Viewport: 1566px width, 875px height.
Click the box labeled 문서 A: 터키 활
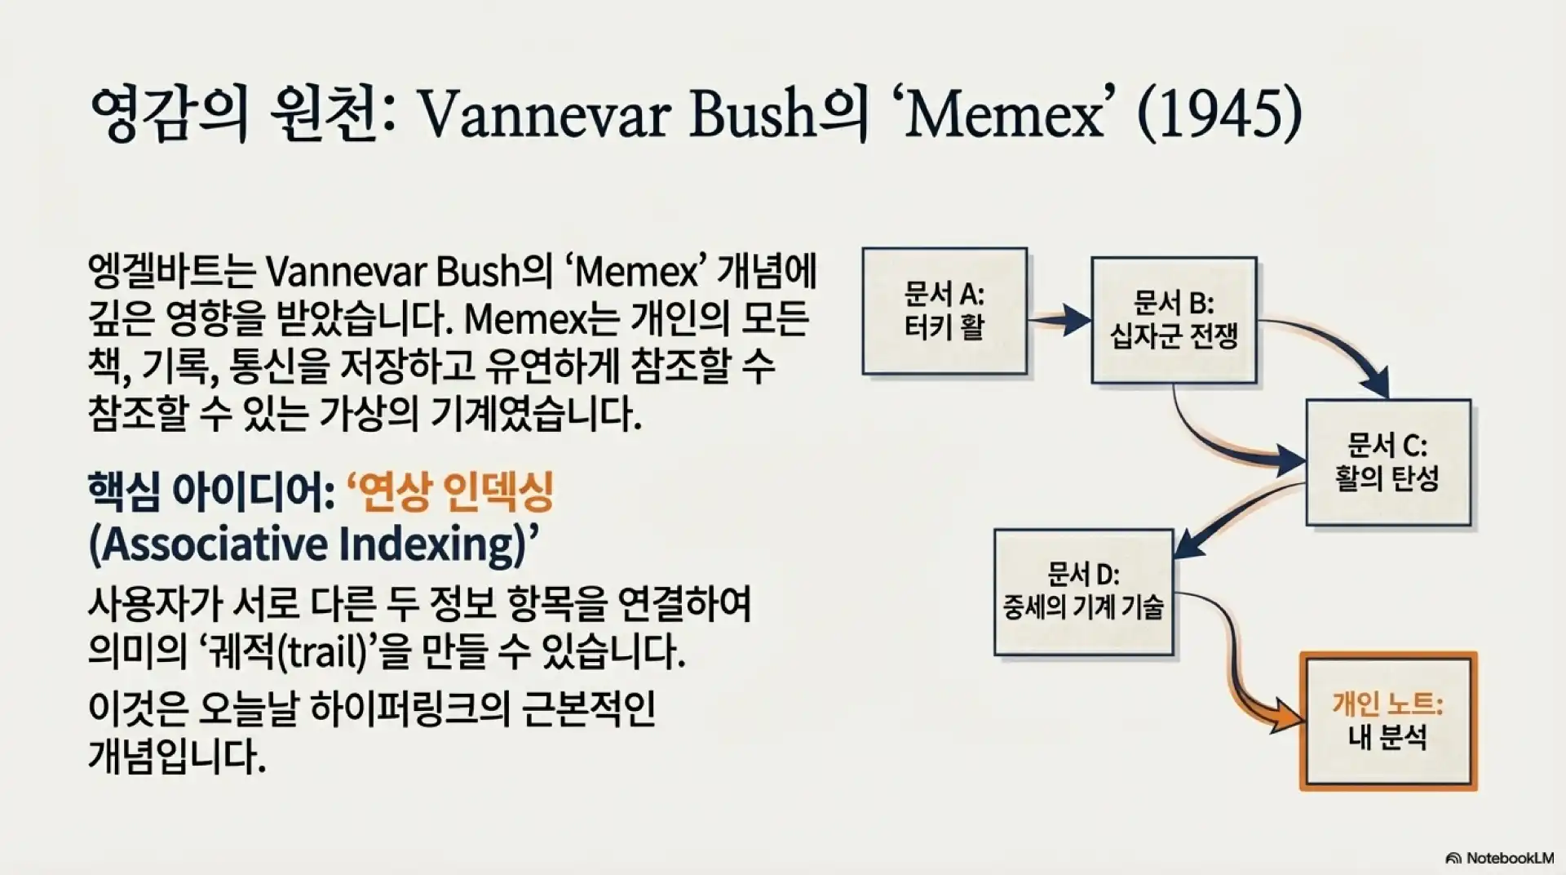pyautogui.click(x=944, y=311)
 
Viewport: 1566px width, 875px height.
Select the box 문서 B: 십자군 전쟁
pyautogui.click(x=1174, y=320)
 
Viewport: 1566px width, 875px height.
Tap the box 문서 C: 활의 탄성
pyautogui.click(x=1388, y=462)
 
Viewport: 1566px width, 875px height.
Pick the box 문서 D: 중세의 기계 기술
pyautogui.click(x=1084, y=592)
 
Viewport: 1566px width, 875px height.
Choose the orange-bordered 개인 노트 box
pyautogui.click(x=1388, y=721)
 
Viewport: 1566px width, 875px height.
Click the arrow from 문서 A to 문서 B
pyautogui.click(x=1059, y=319)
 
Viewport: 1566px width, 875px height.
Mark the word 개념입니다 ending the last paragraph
pyautogui.click(x=176, y=757)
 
